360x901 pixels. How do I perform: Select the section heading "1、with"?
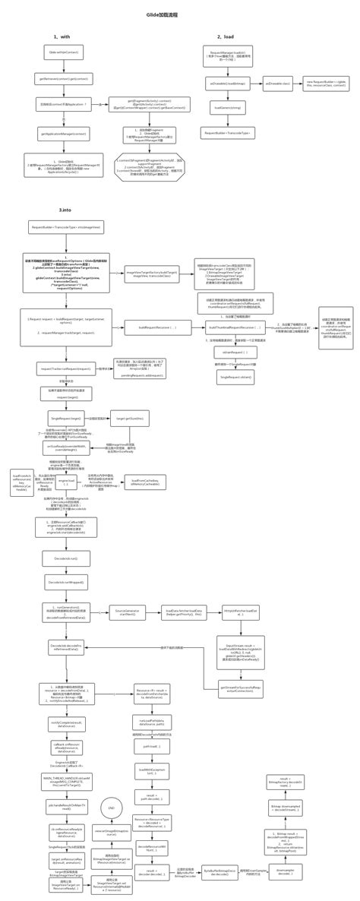pos(62,36)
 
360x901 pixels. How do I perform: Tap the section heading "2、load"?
pos(226,36)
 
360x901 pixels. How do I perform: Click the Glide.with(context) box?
pos(63,52)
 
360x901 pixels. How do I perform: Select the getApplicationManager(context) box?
pos(64,133)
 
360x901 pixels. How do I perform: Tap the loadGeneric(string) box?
pos(227,108)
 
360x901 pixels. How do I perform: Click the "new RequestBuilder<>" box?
pos(326,84)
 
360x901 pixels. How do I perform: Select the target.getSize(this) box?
pos(129,419)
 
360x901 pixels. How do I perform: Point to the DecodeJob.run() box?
pos(67,558)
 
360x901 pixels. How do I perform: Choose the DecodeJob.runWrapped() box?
pos(67,582)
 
